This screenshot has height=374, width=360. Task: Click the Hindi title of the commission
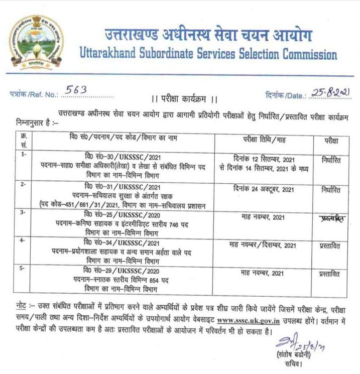click(208, 35)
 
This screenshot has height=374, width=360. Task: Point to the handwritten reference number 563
click(77, 90)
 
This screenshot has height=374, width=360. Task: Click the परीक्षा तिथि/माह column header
click(264, 138)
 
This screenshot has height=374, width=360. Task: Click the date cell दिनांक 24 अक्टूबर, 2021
click(264, 190)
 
